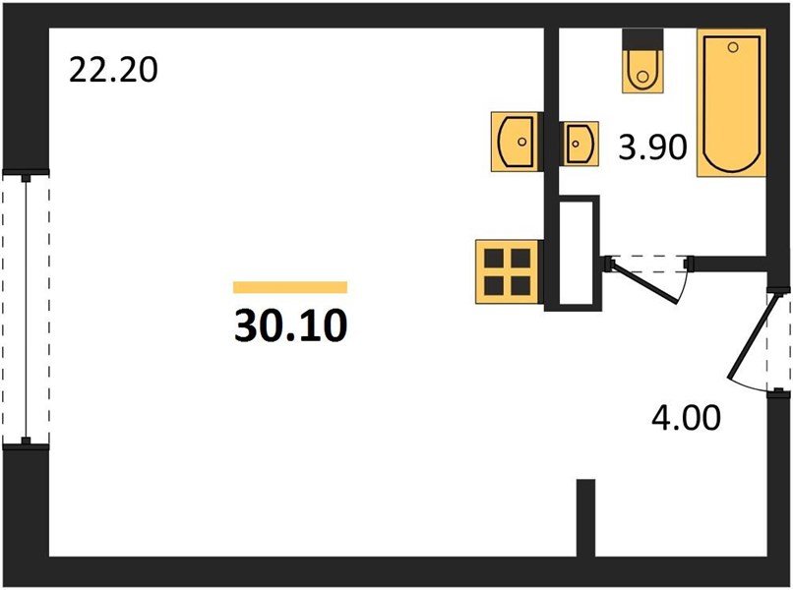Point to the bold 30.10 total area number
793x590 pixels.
coord(290,326)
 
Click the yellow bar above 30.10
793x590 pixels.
coord(290,287)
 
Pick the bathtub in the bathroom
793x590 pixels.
coord(731,104)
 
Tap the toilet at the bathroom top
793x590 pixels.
coord(644,65)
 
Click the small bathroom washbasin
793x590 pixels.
coord(579,145)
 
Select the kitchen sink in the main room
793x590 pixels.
coord(514,142)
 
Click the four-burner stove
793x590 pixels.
coord(506,271)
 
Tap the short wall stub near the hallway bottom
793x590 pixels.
coord(586,517)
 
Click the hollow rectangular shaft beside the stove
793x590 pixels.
coord(576,253)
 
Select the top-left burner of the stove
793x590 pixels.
coord(494,259)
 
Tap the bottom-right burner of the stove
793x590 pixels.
coord(518,284)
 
